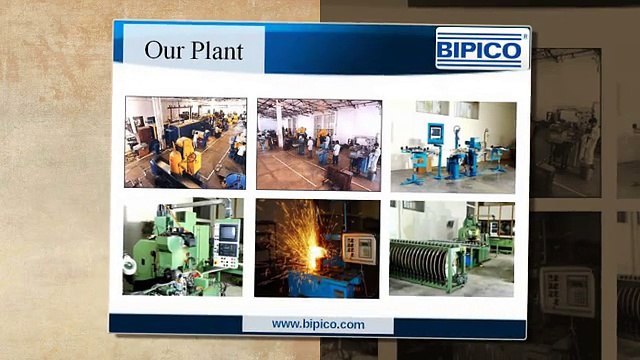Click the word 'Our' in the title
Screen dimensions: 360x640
163,49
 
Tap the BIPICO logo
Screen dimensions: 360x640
481,49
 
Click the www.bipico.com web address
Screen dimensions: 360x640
318,324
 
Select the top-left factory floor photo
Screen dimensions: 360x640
185,142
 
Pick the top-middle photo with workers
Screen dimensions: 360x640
318,143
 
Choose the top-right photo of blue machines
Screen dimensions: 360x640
452,144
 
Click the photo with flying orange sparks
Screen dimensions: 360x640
317,248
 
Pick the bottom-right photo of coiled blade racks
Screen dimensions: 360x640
452,248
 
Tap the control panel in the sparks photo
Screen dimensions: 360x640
357,249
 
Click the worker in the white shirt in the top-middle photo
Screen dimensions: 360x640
336,154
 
